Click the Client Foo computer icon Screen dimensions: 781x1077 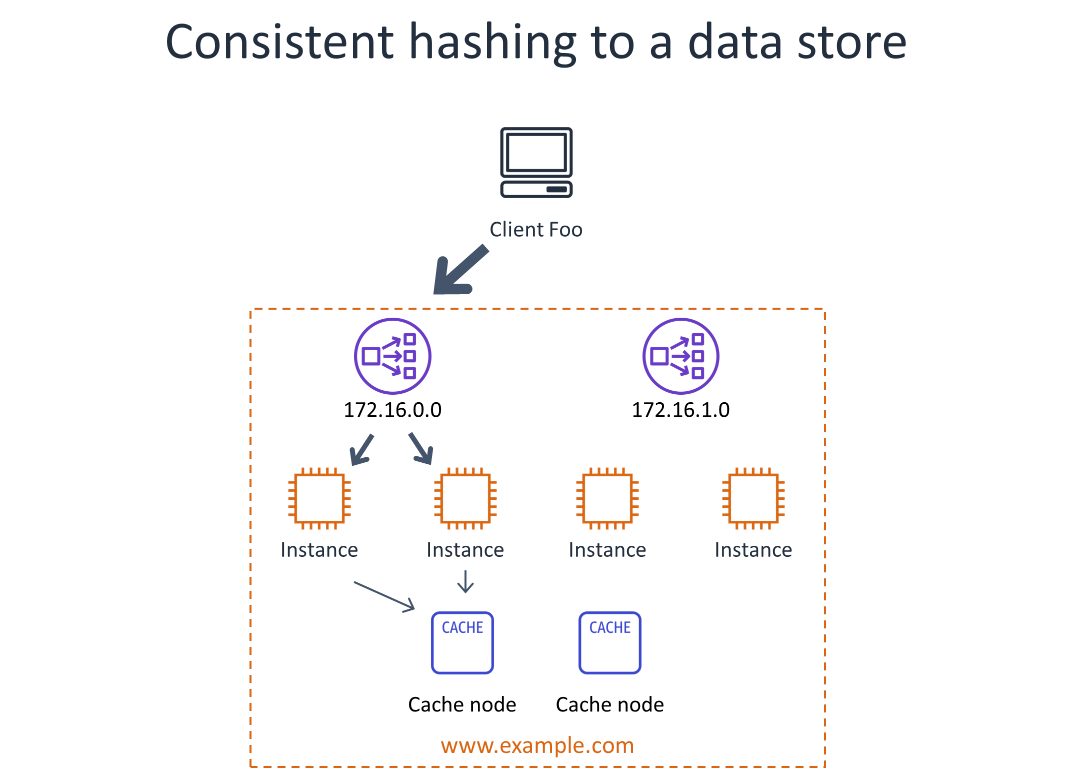[x=536, y=163]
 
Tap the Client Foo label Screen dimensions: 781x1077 [x=536, y=230]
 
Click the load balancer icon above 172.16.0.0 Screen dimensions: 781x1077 [x=392, y=356]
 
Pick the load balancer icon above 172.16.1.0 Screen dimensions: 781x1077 [x=680, y=356]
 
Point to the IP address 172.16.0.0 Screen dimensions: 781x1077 [x=392, y=410]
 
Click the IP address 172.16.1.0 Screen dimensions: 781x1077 [x=680, y=410]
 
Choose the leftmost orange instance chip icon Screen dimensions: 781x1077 [x=319, y=498]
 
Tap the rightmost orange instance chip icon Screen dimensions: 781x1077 [x=753, y=498]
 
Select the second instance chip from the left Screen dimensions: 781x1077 [x=465, y=498]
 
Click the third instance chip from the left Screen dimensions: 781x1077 [x=607, y=498]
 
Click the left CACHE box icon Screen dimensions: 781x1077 [x=462, y=643]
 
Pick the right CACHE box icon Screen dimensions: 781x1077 [x=610, y=643]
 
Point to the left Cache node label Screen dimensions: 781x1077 [x=462, y=704]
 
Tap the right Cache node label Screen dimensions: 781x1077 [x=610, y=704]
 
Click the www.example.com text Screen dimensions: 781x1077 [x=537, y=745]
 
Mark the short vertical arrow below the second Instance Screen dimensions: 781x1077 [x=465, y=582]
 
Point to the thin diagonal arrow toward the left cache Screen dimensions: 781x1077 [x=384, y=596]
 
